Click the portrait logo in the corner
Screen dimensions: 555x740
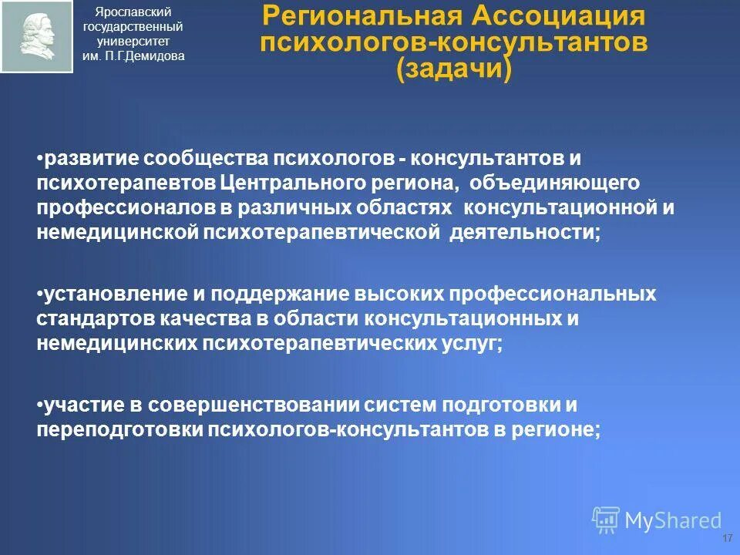36,37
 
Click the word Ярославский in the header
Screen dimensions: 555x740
133,12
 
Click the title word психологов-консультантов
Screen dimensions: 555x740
453,42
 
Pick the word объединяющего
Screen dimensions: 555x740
543,184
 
